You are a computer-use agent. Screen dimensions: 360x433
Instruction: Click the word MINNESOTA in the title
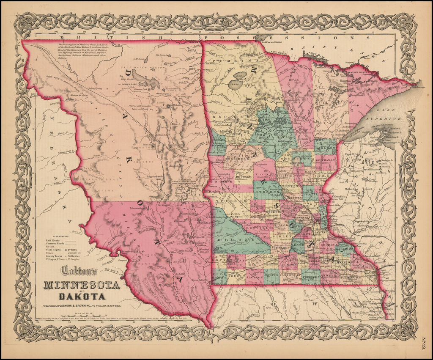(x=82, y=285)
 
